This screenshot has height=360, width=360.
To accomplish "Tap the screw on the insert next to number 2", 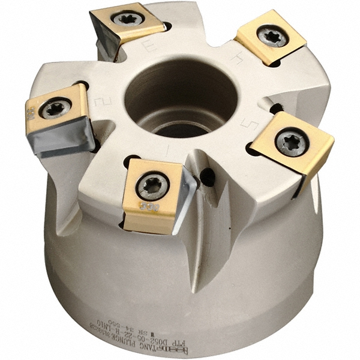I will coord(55,108).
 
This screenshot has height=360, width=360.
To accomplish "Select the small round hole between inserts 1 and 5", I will coord(208,176).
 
